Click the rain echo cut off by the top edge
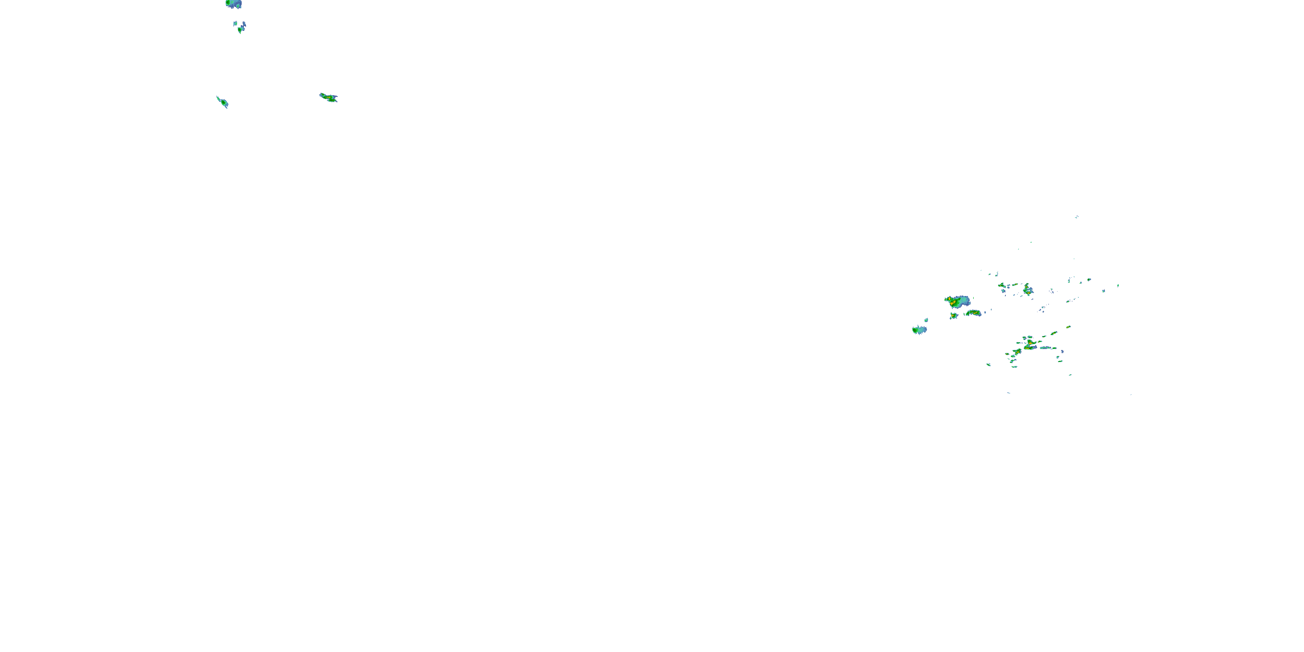pyautogui.click(x=233, y=4)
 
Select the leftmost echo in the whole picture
pyautogui.click(x=222, y=102)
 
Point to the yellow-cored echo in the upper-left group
pyautogui.click(x=329, y=97)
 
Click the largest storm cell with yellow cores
pyautogui.click(x=955, y=302)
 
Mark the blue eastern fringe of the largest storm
pyautogui.click(x=966, y=301)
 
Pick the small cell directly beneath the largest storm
pyautogui.click(x=954, y=316)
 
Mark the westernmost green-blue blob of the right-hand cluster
pyautogui.click(x=919, y=330)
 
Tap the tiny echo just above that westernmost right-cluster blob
pyautogui.click(x=926, y=320)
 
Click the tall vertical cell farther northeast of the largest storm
pyautogui.click(x=1028, y=290)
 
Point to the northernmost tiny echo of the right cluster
pyautogui.click(x=1077, y=216)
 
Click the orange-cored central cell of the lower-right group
pyautogui.click(x=1031, y=345)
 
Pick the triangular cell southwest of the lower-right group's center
pyautogui.click(x=1017, y=351)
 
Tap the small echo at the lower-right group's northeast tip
pyautogui.click(x=1068, y=327)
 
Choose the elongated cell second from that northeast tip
pyautogui.click(x=1054, y=333)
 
